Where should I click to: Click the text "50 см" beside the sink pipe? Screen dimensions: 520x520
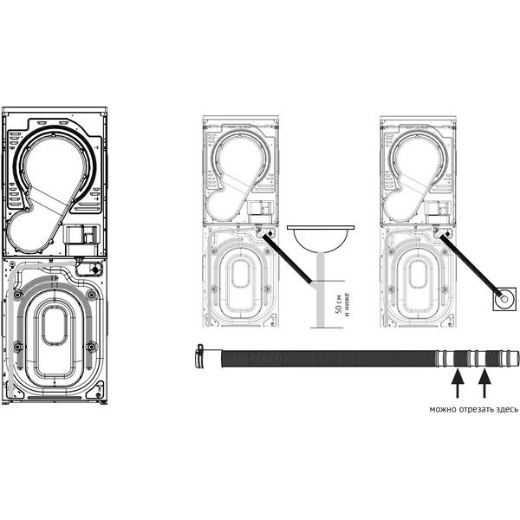339,303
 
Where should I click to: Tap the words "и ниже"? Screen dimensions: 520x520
348,304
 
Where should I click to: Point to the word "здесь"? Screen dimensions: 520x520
506,410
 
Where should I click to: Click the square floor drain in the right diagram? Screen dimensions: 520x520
504,299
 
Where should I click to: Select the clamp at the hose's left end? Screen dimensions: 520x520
199,355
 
